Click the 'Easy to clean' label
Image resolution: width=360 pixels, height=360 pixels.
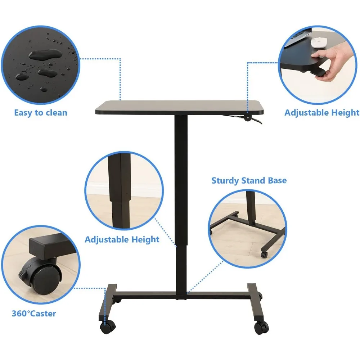tap(41, 113)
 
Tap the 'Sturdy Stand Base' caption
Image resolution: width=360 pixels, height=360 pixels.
tap(249, 180)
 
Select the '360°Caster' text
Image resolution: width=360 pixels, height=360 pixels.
tap(34, 313)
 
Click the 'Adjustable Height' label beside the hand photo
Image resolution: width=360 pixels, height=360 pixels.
tap(321, 113)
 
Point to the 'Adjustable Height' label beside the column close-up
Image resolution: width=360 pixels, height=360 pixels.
tap(122, 239)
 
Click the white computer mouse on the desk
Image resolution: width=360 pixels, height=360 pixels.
tap(318, 43)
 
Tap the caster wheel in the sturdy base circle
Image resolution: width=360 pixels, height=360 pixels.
tap(264, 254)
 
